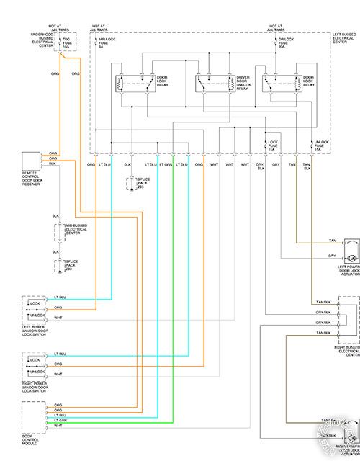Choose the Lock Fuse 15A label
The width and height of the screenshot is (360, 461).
click(274, 146)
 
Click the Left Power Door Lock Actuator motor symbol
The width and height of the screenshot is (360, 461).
click(352, 257)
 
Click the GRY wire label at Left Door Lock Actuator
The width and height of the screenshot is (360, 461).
click(332, 256)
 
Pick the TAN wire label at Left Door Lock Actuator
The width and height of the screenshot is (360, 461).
click(332, 241)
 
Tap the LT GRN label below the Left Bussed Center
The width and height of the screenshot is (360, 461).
click(166, 165)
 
